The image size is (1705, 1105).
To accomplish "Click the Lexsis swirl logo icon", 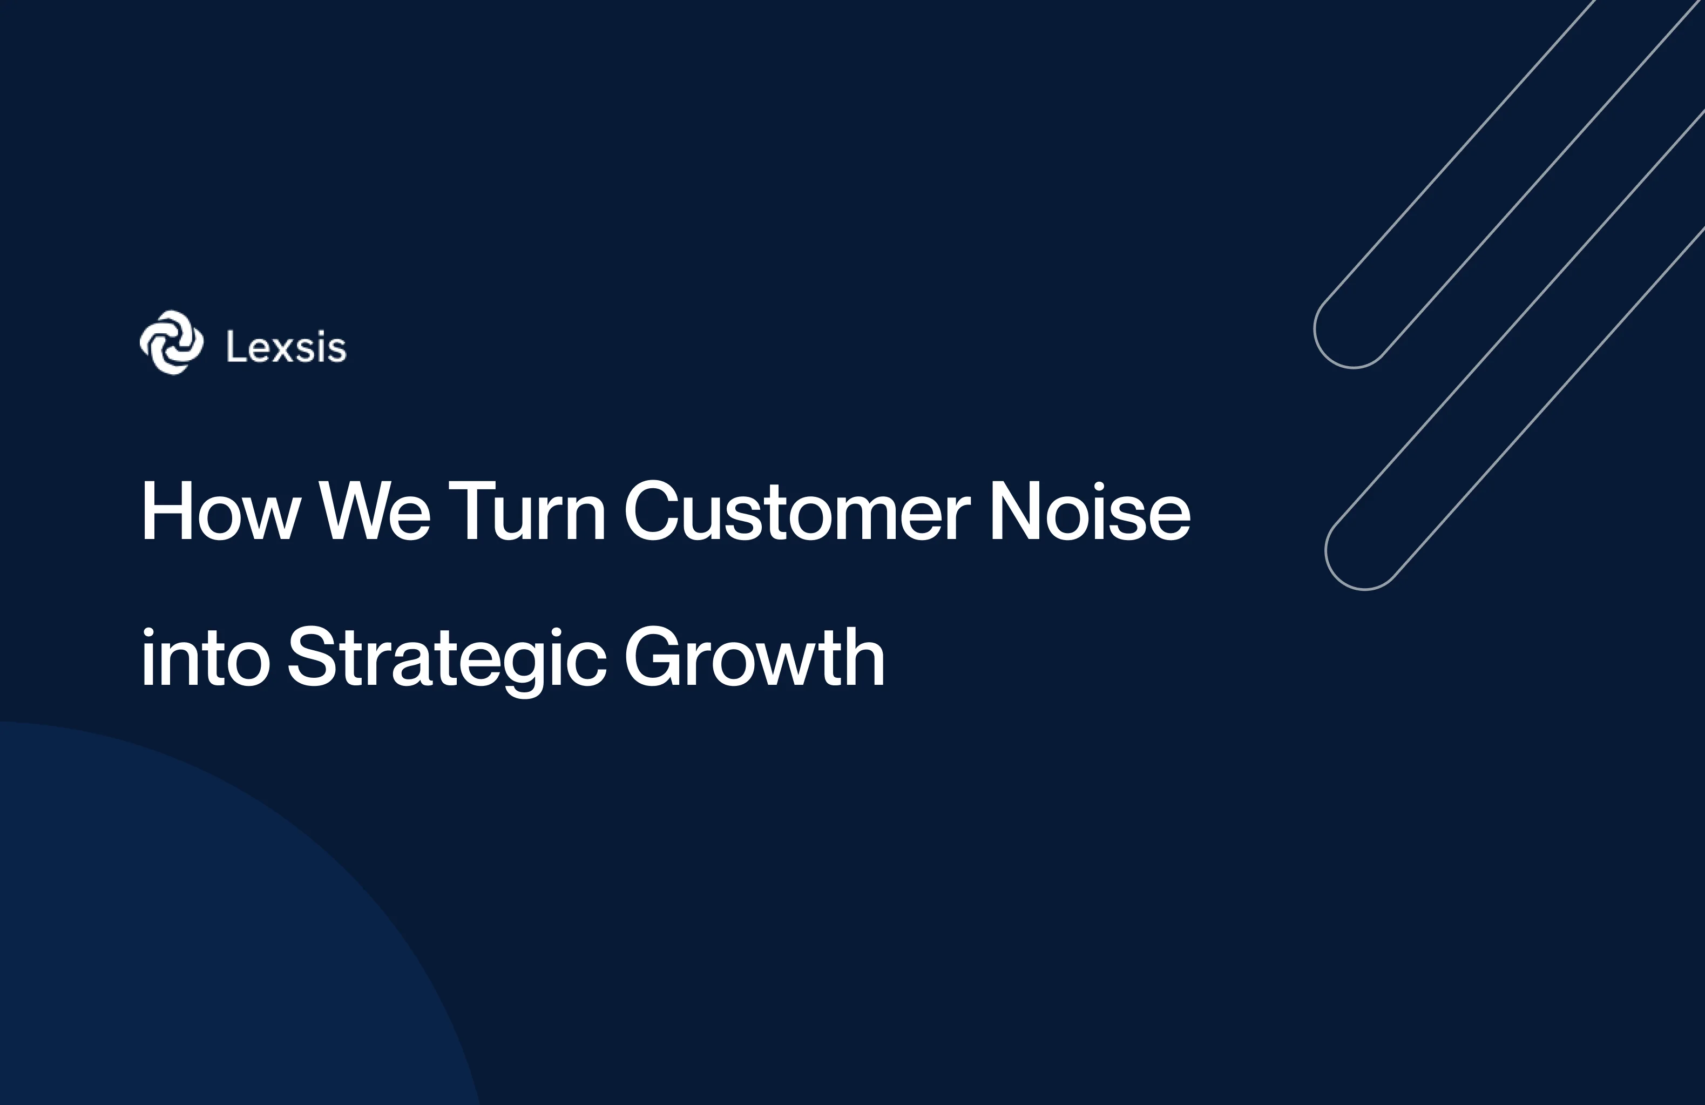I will pos(171,342).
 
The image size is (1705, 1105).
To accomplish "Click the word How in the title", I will pos(220,511).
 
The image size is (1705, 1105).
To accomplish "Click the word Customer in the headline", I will pos(797,511).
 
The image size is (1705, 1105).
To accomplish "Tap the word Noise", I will pos(1090,511).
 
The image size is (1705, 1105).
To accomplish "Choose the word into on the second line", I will pos(205,658).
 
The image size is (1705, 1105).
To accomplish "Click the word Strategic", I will pos(447,658).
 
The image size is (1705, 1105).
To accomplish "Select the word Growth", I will pos(754,658).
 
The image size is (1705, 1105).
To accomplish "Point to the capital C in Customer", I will pos(651,511).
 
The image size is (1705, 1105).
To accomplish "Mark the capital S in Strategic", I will pos(313,658).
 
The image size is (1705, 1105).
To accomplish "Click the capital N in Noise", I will pos(1014,511).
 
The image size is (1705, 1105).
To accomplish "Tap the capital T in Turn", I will pos(472,511).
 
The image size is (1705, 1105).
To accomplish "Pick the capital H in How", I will pos(166,511).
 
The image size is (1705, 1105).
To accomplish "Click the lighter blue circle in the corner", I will pos(179,932).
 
